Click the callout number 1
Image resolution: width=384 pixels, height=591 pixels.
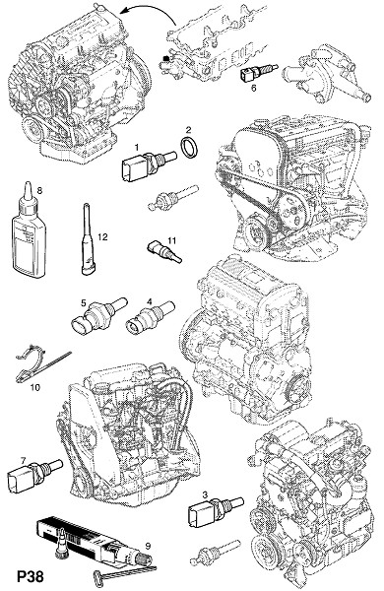pos(137,147)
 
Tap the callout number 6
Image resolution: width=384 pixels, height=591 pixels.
pos(253,88)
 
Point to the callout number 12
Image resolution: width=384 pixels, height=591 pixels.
pos(102,236)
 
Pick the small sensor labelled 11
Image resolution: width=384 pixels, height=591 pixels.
pos(163,252)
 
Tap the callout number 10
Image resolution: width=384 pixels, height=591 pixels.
pos(35,387)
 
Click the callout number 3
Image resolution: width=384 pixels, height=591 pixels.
pos(205,494)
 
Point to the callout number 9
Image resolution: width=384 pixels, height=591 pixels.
pos(148,545)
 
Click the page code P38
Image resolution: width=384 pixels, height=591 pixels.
pos(31,576)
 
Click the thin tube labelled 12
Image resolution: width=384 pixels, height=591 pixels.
pos(88,238)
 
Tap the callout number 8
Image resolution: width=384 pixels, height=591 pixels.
pos(39,190)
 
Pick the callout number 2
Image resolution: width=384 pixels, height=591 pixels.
pos(188,130)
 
